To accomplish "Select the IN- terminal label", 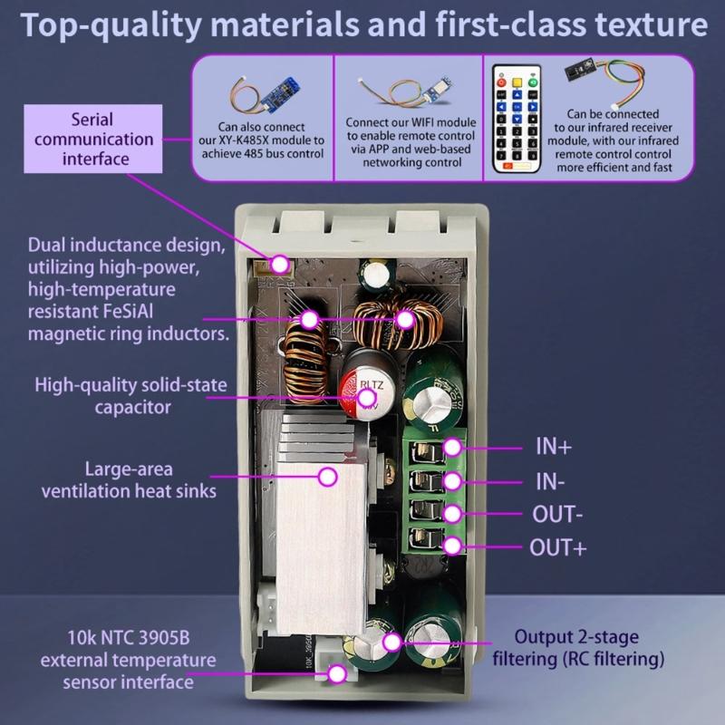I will tap(548, 481).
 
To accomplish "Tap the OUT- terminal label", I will tap(556, 515).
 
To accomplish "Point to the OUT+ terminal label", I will tap(557, 548).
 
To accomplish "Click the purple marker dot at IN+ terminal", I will tap(454, 447).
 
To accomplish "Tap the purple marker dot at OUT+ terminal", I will tap(454, 546).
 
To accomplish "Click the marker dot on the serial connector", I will tap(281, 264).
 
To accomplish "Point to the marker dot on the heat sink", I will tap(327, 476).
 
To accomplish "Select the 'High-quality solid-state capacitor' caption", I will tap(132, 395).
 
